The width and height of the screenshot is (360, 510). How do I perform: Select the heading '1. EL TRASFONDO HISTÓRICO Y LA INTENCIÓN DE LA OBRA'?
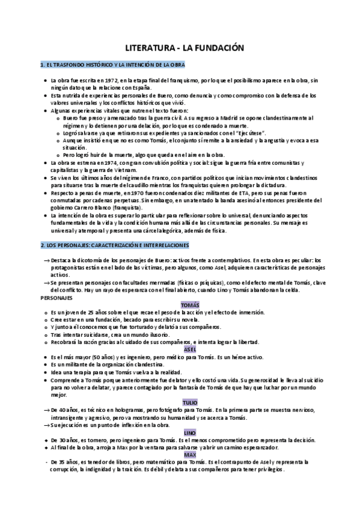click(x=112, y=64)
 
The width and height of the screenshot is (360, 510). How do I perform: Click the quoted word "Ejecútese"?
click(x=249, y=132)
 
